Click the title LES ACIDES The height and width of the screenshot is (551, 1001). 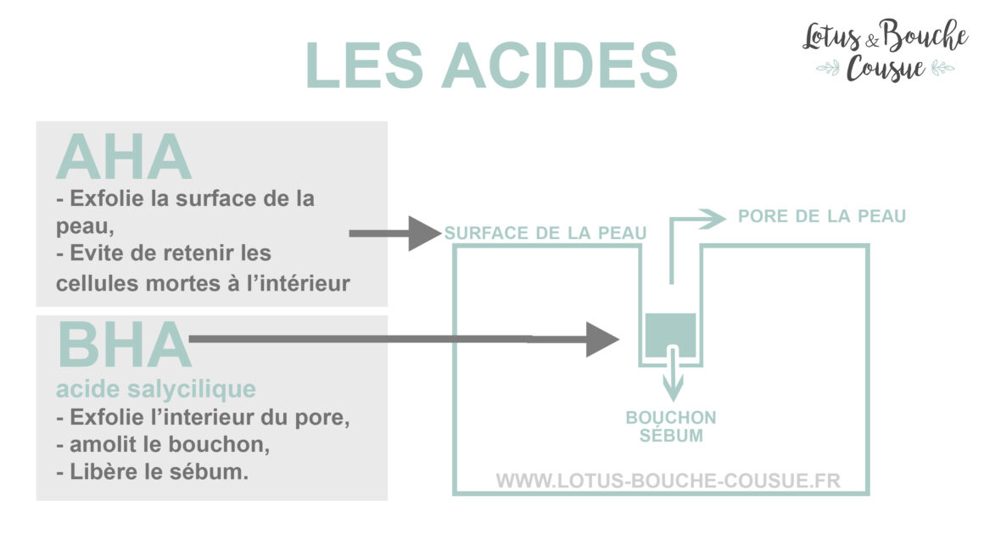tap(491, 65)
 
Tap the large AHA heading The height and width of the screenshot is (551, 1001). tap(124, 158)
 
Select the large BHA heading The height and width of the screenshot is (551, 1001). tap(124, 345)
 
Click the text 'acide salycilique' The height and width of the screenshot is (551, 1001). tap(156, 389)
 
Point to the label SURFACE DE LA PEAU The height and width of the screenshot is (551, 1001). tap(545, 233)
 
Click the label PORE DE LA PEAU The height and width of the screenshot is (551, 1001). tap(822, 216)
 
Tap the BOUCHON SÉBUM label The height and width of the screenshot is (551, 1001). tap(671, 426)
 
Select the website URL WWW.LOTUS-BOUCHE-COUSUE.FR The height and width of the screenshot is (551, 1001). tap(668, 480)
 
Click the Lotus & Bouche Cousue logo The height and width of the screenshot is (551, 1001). tap(885, 50)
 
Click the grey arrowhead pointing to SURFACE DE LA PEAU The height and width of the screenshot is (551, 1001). tap(424, 233)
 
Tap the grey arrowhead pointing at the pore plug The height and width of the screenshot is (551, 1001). tap(602, 339)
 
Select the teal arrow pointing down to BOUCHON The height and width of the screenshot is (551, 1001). tap(673, 373)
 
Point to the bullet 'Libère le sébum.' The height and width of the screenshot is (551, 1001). tap(152, 472)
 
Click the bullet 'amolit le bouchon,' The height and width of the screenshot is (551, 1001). tap(163, 444)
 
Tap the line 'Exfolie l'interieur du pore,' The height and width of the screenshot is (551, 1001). tap(203, 418)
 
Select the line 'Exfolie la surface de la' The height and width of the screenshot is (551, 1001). tap(185, 198)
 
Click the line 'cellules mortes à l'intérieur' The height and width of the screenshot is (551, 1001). tap(203, 283)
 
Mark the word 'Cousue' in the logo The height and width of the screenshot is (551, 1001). tap(886, 68)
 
